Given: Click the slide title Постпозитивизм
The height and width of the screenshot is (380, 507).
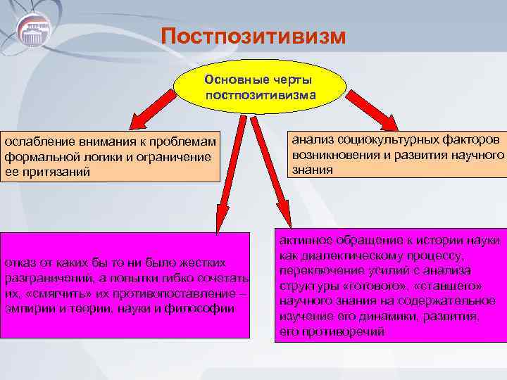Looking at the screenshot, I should click(254, 36).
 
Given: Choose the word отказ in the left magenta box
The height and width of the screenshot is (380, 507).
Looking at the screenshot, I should click(19, 263).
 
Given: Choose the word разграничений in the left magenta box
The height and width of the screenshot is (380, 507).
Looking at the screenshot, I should click(42, 278).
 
